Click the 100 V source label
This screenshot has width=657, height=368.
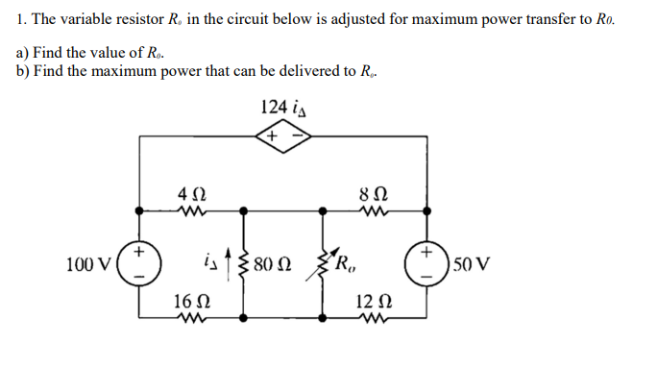point(87,262)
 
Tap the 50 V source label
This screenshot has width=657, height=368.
point(472,262)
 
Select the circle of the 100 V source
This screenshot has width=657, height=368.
point(140,262)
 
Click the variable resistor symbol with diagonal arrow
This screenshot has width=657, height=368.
point(322,261)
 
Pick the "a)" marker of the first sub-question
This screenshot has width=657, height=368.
point(23,53)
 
